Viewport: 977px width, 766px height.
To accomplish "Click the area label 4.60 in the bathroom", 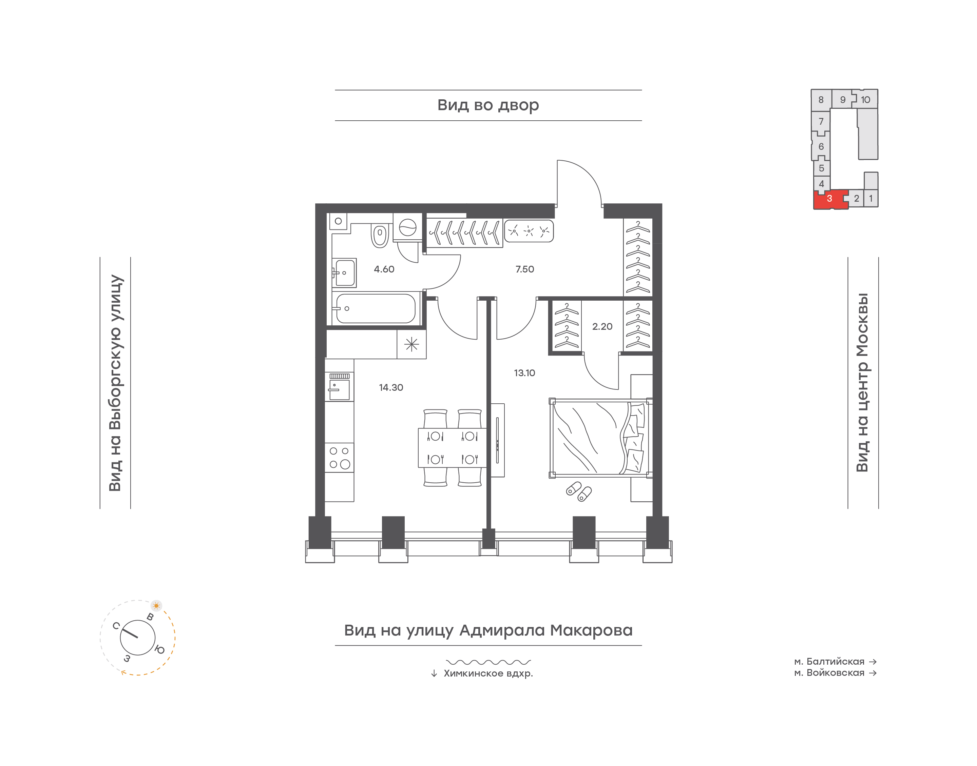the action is click(384, 269).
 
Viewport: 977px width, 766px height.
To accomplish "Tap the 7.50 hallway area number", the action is click(524, 269).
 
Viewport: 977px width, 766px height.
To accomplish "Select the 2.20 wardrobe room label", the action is click(602, 326).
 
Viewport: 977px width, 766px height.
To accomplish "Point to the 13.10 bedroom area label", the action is click(524, 373).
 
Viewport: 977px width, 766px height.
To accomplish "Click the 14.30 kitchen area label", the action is click(391, 387).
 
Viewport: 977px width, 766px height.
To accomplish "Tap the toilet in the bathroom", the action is click(380, 235).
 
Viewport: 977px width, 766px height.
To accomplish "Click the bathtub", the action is click(376, 308).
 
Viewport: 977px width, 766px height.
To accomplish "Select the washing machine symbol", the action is click(408, 227).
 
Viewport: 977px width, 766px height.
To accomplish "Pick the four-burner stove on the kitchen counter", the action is click(339, 458).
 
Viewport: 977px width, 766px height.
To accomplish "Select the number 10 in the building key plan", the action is click(865, 100).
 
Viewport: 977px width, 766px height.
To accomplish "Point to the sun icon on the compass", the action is click(156, 605).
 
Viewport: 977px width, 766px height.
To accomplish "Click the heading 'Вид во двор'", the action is click(488, 105).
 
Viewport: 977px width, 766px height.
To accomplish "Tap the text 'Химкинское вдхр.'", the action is click(488, 673).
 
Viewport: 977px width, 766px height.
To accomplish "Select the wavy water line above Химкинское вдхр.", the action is click(488, 662).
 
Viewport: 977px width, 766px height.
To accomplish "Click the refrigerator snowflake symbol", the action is click(411, 344).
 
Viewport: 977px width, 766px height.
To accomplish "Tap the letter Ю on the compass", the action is click(160, 649).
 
